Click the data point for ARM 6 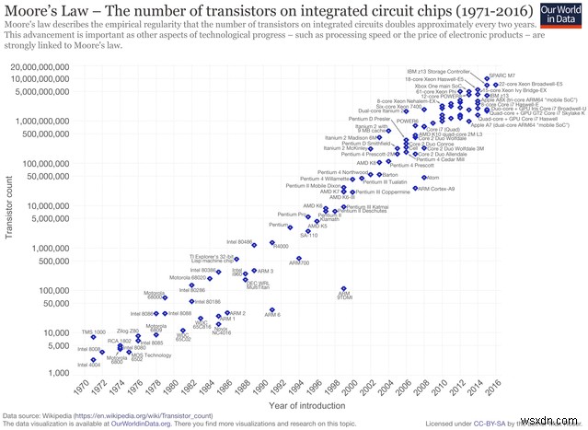pos(271,310)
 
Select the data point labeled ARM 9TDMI pos(344,288)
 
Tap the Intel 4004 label pos(89,366)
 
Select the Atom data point pos(424,177)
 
